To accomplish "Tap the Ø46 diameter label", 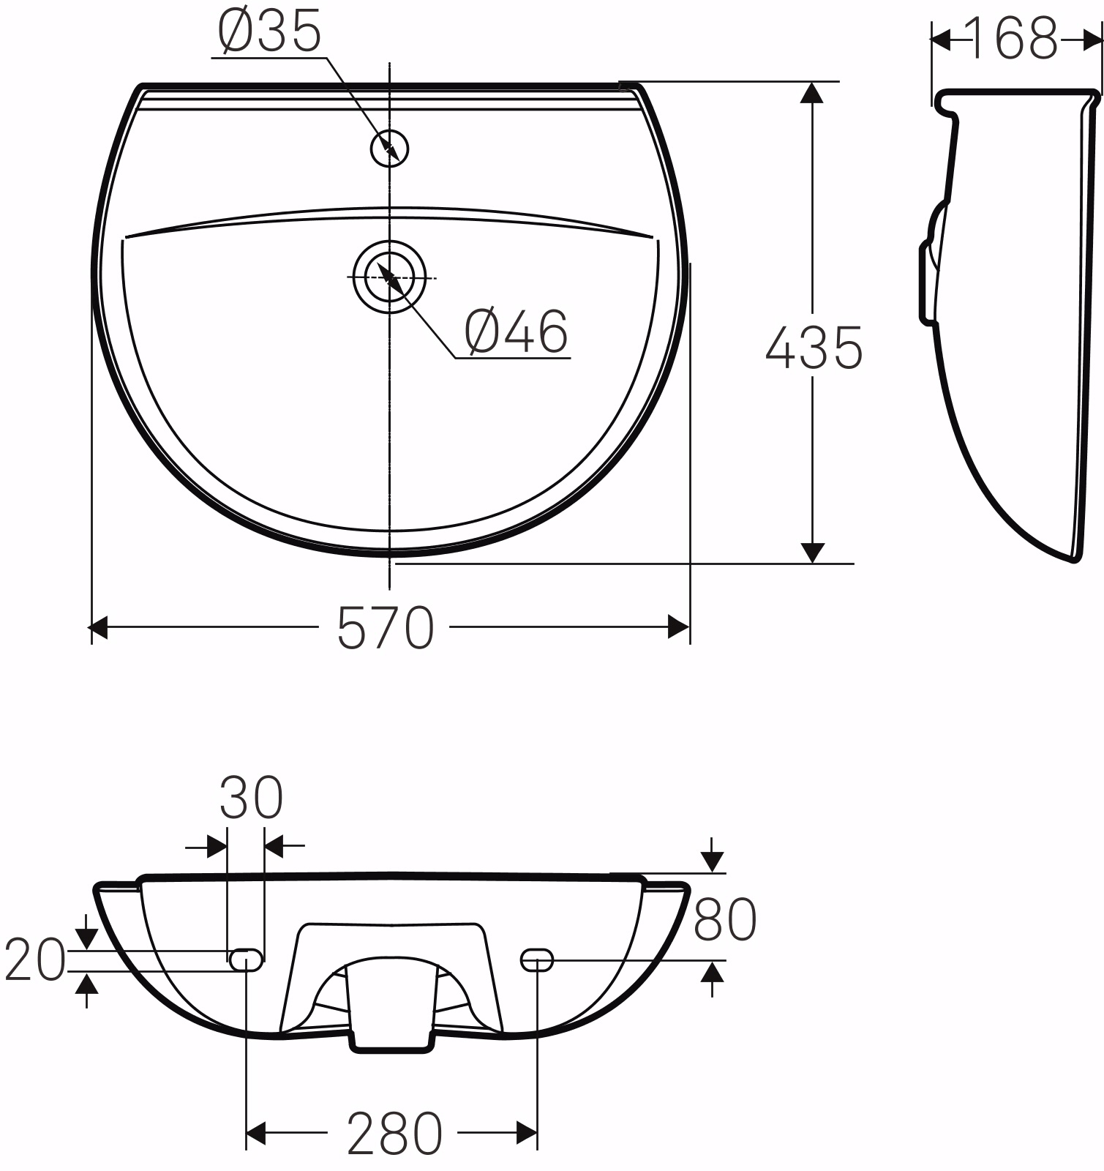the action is [x=517, y=332].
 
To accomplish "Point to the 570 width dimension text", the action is [x=386, y=628].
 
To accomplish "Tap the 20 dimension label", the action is [x=34, y=959].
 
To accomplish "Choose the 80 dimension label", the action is [x=725, y=919].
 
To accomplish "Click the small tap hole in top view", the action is [x=390, y=149].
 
